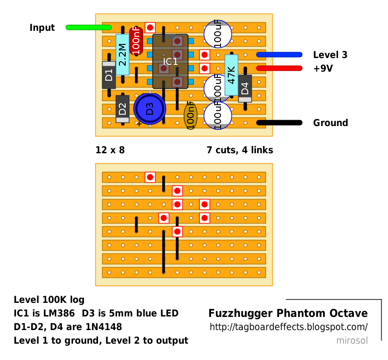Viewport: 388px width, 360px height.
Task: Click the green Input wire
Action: click(88, 28)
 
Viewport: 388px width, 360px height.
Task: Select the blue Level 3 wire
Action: click(279, 55)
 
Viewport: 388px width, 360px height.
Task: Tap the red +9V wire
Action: click(279, 68)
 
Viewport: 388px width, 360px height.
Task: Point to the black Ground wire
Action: click(279, 122)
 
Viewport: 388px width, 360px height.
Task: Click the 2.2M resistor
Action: click(123, 55)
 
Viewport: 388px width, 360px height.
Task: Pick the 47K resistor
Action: click(231, 75)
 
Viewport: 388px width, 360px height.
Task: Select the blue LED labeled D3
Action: click(150, 109)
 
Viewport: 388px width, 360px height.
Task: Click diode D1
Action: click(109, 75)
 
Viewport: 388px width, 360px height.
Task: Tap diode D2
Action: click(123, 109)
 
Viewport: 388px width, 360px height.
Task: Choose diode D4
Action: click(245, 88)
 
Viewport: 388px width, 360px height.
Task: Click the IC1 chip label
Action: click(170, 61)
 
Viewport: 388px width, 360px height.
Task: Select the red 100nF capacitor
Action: click(136, 41)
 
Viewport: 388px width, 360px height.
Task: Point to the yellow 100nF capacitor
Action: click(191, 116)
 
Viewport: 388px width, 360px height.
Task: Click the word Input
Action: click(42, 28)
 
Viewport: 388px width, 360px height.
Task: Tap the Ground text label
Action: click(330, 122)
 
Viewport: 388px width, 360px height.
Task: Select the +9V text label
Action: click(323, 68)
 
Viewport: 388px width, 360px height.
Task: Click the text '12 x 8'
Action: click(110, 150)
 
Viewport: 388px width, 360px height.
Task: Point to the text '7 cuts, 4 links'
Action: click(240, 150)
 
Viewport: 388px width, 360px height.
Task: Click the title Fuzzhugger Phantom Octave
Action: click(288, 313)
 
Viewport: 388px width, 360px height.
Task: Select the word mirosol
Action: click(352, 341)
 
